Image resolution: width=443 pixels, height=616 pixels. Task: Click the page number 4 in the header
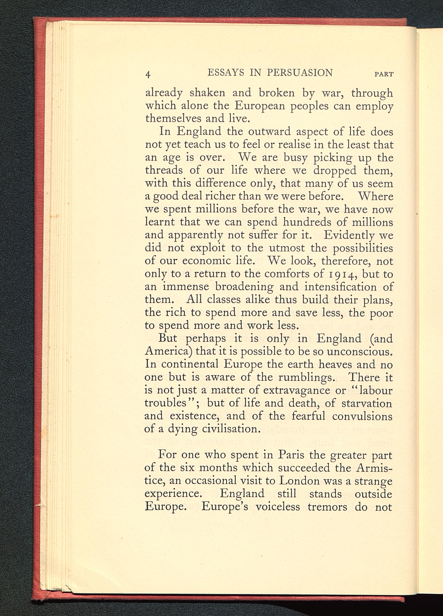tap(148, 74)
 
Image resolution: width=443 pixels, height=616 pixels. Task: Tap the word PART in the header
tap(384, 74)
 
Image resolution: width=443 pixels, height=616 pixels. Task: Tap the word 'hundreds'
tap(307, 222)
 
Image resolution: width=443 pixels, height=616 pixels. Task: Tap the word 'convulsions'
tap(362, 416)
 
